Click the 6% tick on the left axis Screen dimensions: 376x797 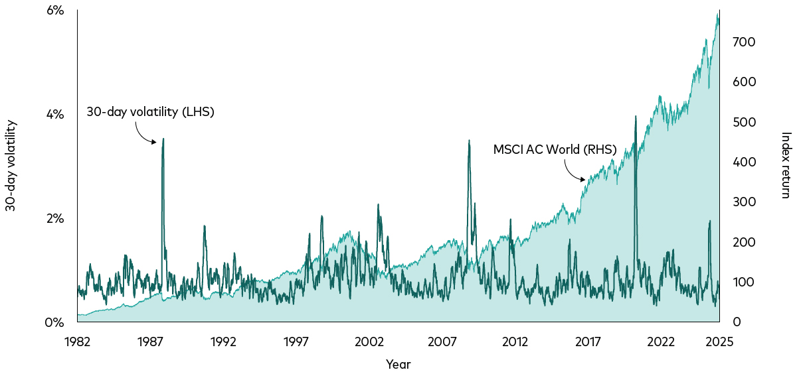[x=54, y=11]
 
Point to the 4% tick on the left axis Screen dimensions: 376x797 [x=54, y=115]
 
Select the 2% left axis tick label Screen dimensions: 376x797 [x=54, y=219]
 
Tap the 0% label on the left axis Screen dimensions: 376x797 [x=54, y=323]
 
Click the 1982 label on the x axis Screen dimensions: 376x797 [x=77, y=342]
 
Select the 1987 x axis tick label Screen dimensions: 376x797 [x=150, y=342]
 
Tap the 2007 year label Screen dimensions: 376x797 [x=442, y=342]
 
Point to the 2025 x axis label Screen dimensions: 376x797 [x=719, y=342]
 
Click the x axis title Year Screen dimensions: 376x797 [x=398, y=365]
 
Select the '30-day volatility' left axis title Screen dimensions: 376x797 [x=11, y=166]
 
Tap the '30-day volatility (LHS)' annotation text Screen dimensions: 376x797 [x=150, y=112]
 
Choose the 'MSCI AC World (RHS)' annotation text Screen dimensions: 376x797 [x=555, y=150]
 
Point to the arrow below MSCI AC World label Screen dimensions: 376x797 [x=574, y=172]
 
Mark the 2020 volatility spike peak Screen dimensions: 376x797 [x=636, y=117]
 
